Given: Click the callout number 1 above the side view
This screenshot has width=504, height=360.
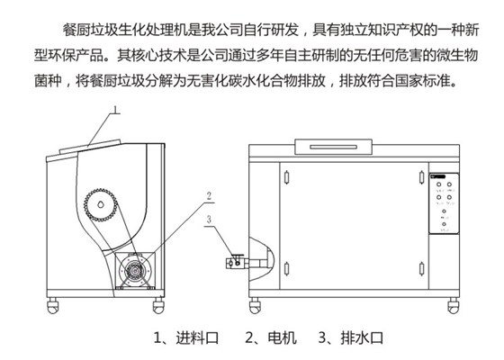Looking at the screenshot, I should coord(115,112).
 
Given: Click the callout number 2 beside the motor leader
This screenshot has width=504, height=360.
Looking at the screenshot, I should coord(208,195).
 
